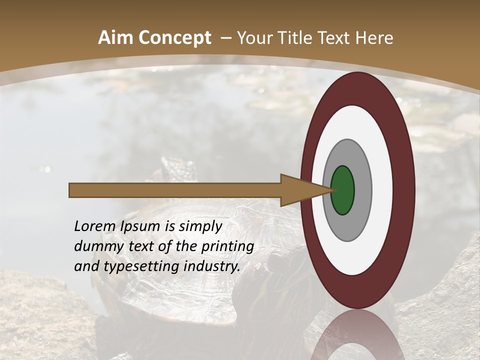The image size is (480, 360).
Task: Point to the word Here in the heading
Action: point(374,38)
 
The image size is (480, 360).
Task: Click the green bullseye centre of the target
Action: point(343,190)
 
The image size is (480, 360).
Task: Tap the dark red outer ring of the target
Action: point(404,190)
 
